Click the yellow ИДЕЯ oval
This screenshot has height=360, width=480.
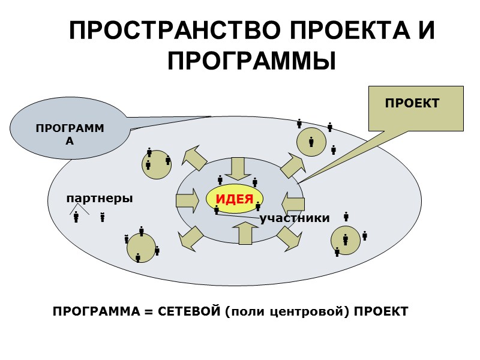coord(235,200)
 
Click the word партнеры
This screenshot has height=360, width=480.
coord(100,198)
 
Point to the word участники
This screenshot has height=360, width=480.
coord(295,218)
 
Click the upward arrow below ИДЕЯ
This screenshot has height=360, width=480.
coord(245,232)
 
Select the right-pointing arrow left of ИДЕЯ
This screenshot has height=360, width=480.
coord(187,201)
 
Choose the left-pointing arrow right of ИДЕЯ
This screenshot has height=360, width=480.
coord(294,202)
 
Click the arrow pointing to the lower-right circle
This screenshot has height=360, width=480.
coord(289,238)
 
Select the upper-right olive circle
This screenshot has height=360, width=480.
coord(312,142)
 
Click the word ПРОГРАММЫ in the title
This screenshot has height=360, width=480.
coord(251,61)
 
